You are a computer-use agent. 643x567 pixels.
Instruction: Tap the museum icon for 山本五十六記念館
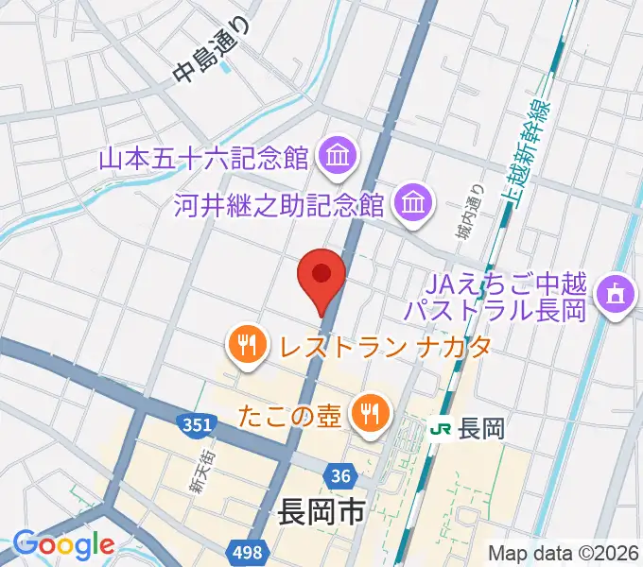coord(336,153)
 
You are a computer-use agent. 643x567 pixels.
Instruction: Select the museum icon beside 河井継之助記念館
coord(413,202)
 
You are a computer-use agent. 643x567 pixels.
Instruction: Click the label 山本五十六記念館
coord(205,154)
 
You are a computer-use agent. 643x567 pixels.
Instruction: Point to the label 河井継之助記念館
coord(279,203)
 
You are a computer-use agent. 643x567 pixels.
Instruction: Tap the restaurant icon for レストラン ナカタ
coord(248,344)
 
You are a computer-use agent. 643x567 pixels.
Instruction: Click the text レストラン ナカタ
coord(384,345)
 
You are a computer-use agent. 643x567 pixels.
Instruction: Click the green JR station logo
coord(440,428)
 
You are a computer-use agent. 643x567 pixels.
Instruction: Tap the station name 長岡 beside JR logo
coord(480,428)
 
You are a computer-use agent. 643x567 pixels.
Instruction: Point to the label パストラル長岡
coord(495,309)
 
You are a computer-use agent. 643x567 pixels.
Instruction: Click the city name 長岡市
coord(321,514)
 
